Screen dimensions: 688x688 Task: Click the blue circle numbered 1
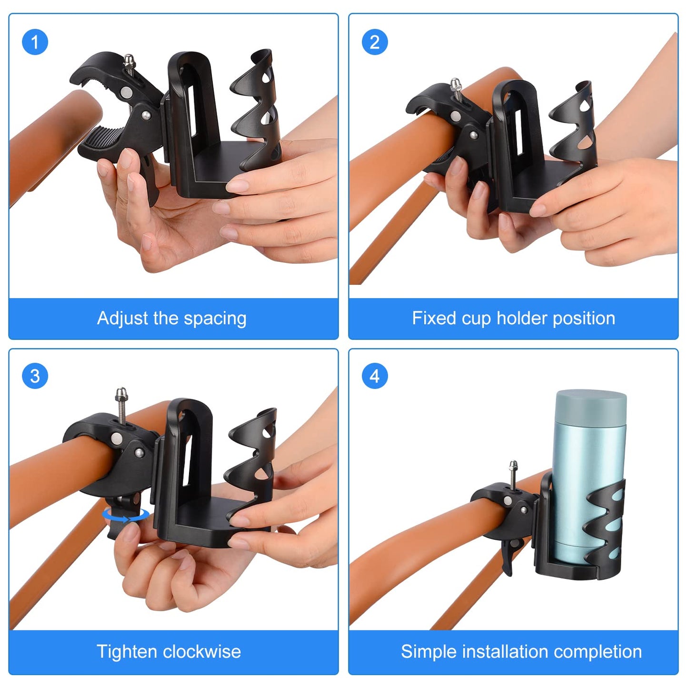coord(35,42)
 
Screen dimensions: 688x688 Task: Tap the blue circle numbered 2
coord(375,42)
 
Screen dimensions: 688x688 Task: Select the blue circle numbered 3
coord(35,376)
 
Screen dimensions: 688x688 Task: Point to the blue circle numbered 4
coord(375,376)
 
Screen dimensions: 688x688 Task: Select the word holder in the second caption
coord(521,318)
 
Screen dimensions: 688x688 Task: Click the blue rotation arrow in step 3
coord(126,515)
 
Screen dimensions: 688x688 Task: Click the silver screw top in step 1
coord(129,61)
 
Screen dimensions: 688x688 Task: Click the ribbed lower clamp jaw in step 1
coord(105,138)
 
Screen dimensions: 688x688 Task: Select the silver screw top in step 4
coord(513,466)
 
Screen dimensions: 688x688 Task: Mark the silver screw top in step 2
coord(456,84)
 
